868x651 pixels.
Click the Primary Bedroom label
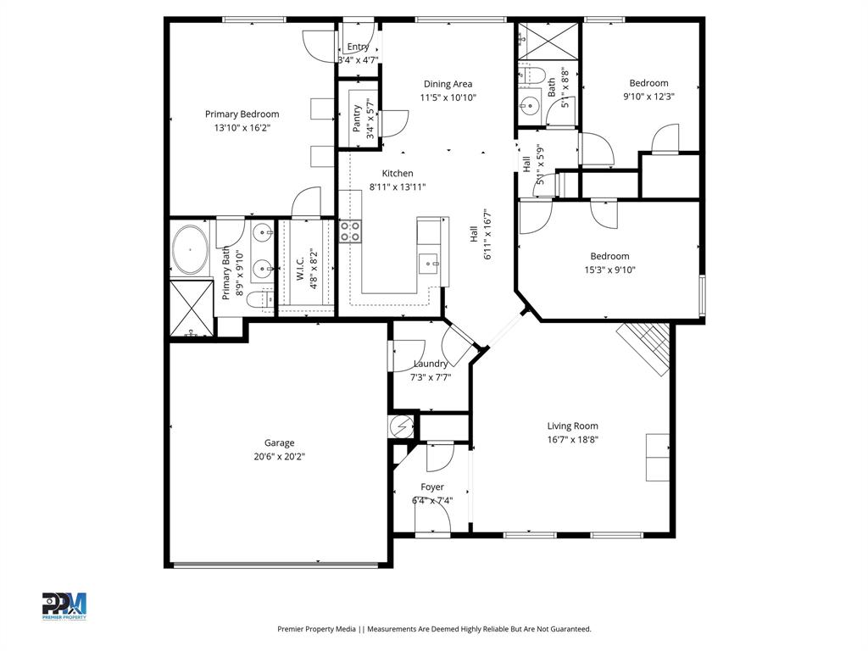242,114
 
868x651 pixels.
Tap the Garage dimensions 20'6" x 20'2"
279,456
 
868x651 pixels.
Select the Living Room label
572,426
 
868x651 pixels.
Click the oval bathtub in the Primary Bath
191,249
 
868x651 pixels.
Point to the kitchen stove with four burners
350,231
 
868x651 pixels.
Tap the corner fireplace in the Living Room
646,346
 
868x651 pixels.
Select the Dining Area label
448,84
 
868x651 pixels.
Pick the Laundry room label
431,364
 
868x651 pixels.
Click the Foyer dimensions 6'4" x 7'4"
432,500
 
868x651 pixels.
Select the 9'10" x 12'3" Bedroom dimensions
648,97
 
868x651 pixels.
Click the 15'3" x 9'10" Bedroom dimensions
609,270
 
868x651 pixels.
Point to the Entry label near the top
358,47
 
